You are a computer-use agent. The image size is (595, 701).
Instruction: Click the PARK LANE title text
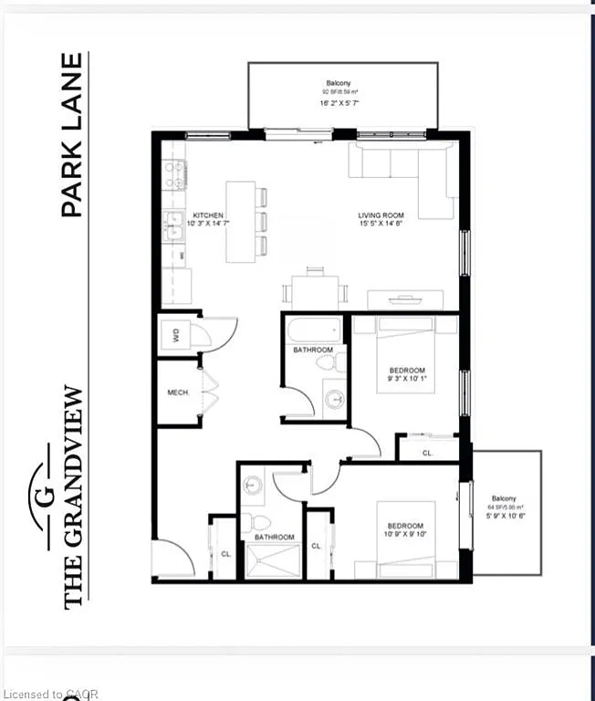pyautogui.click(x=72, y=135)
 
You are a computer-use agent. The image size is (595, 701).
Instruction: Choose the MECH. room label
pyautogui.click(x=178, y=392)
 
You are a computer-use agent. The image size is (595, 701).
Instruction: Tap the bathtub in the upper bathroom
pyautogui.click(x=313, y=330)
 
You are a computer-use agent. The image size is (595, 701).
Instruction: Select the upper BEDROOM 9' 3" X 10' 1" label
pyautogui.click(x=406, y=375)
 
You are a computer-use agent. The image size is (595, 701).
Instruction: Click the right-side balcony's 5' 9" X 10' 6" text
pyautogui.click(x=508, y=515)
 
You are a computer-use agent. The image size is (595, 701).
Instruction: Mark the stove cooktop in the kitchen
pyautogui.click(x=173, y=174)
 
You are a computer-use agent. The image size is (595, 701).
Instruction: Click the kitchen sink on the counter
pyautogui.click(x=172, y=225)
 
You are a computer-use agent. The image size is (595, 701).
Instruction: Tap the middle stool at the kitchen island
pyautogui.click(x=262, y=221)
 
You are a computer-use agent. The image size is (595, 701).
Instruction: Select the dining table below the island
pyautogui.click(x=315, y=291)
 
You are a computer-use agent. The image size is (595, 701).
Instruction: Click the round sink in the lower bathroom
pyautogui.click(x=253, y=486)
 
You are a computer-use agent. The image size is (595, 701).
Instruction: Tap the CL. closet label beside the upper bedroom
pyautogui.click(x=427, y=452)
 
